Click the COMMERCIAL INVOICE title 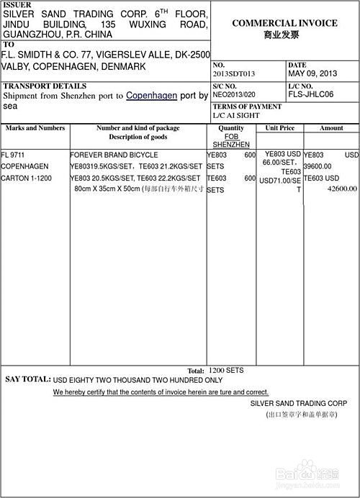click(284, 23)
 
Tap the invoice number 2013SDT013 click(235, 73)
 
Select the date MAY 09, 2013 click(312, 73)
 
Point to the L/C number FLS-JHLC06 click(310, 94)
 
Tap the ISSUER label click(17, 5)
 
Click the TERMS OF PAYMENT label click(247, 107)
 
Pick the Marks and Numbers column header click(35, 128)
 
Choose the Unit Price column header click(280, 128)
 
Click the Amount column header click(331, 128)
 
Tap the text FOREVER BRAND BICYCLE click(114, 155)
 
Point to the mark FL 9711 click(13, 155)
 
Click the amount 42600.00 click(342, 189)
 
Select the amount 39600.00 click(318, 166)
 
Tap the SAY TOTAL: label click(28, 379)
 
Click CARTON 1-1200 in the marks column click(24, 178)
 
